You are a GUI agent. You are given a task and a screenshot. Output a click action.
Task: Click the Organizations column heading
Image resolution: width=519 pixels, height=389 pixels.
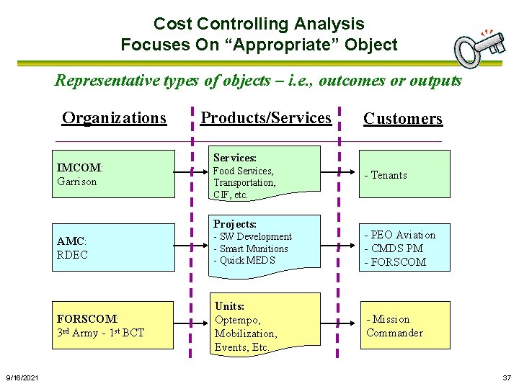(x=114, y=117)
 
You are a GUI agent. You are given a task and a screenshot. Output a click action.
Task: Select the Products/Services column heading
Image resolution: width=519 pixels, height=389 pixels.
(x=266, y=117)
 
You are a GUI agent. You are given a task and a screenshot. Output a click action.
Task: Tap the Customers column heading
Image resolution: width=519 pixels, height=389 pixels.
(x=402, y=119)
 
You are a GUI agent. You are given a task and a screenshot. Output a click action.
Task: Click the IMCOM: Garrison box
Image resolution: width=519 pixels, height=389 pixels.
(x=115, y=174)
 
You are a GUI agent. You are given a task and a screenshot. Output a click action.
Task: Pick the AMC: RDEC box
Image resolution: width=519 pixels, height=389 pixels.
(x=115, y=247)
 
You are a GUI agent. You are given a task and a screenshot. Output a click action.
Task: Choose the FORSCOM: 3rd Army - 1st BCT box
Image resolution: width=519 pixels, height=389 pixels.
(x=115, y=325)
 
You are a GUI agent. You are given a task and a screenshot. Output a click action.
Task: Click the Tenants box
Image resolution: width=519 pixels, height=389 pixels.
(x=405, y=174)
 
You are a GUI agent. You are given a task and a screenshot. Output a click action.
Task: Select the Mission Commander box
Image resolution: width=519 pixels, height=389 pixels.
(x=405, y=325)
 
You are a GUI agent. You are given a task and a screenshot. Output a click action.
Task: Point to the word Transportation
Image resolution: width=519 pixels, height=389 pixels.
(x=244, y=183)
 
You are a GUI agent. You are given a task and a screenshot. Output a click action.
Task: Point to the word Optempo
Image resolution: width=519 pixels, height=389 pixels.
(x=238, y=320)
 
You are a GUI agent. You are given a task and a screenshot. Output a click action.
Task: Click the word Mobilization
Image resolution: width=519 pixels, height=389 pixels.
(x=246, y=334)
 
